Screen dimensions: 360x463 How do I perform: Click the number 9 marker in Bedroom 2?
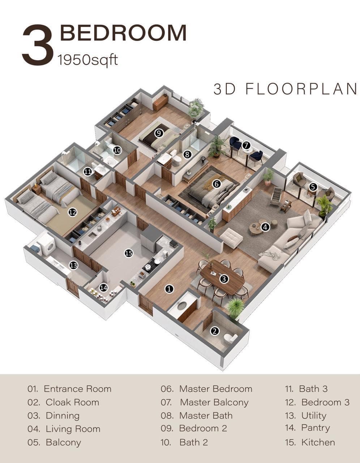click(159, 133)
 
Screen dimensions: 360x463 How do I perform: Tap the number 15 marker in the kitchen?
click(129, 253)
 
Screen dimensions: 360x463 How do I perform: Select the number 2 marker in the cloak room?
click(215, 331)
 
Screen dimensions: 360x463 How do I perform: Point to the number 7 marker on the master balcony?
click(246, 145)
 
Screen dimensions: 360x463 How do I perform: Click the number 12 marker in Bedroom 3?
click(72, 212)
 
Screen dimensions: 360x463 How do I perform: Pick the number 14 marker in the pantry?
click(104, 288)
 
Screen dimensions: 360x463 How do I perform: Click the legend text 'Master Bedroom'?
click(216, 389)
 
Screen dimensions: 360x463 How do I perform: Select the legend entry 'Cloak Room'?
click(72, 402)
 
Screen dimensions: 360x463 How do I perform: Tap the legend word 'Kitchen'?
click(318, 442)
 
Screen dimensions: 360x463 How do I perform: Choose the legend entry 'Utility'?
click(314, 416)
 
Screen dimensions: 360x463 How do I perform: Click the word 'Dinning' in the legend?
click(63, 416)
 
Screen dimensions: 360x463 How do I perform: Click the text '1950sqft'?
click(88, 60)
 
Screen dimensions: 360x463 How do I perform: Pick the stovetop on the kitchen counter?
click(151, 266)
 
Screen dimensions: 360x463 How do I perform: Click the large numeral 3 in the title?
click(38, 45)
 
